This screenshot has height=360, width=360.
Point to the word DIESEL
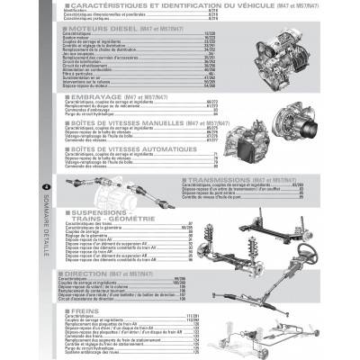(122, 30)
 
